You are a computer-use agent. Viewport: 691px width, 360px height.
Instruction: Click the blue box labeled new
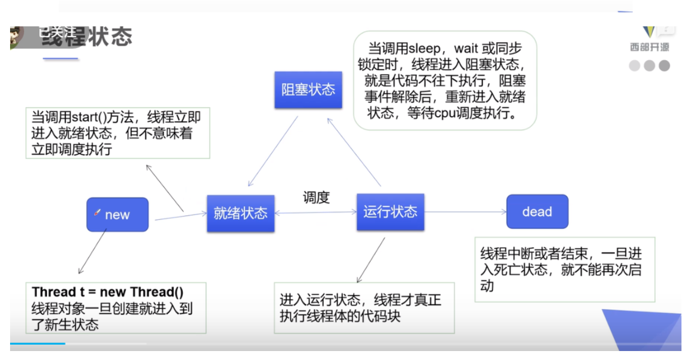pos(117,215)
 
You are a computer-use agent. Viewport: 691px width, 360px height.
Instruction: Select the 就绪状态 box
pos(240,213)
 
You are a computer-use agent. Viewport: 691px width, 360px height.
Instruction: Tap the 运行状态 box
pos(390,212)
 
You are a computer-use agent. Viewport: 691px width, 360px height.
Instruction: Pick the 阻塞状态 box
pos(308,89)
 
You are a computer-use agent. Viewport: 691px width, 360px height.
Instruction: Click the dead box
pos(537,212)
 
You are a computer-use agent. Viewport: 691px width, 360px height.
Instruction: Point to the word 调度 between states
pos(316,197)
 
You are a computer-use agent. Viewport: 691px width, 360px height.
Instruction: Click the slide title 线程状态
pos(86,36)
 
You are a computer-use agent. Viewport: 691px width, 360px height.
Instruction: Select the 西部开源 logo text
pos(649,47)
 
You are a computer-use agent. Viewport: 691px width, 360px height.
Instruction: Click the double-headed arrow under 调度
pos(316,213)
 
